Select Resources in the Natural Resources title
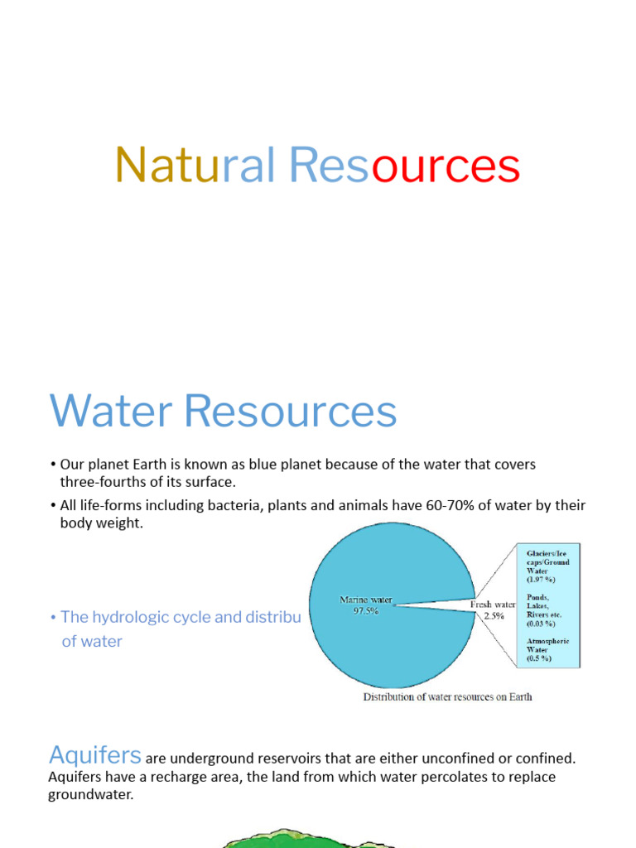[x=404, y=166]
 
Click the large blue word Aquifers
[x=95, y=754]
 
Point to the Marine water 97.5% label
[x=365, y=605]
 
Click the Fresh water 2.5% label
[x=494, y=609]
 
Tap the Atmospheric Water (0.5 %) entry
[x=547, y=650]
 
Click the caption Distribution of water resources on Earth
[x=447, y=696]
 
